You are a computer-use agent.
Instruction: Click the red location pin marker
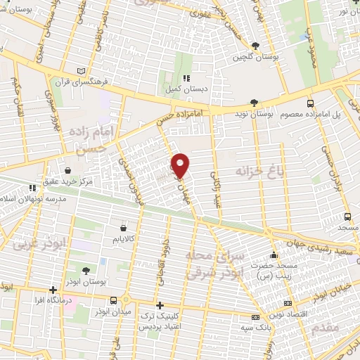tap(181, 165)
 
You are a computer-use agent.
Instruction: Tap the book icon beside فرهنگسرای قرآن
tap(83, 72)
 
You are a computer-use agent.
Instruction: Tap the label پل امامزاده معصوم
tap(321, 114)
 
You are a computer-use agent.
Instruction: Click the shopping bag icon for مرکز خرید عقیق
tap(67, 170)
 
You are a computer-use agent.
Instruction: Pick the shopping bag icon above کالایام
tap(124, 228)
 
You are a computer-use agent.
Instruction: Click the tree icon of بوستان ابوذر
tap(86, 270)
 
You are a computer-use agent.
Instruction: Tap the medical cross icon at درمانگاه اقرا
tap(53, 290)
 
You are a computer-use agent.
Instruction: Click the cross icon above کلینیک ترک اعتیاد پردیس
tap(160, 305)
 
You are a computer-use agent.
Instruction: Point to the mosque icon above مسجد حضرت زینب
tap(274, 255)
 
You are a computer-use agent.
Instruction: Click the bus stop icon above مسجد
tap(347, 217)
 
